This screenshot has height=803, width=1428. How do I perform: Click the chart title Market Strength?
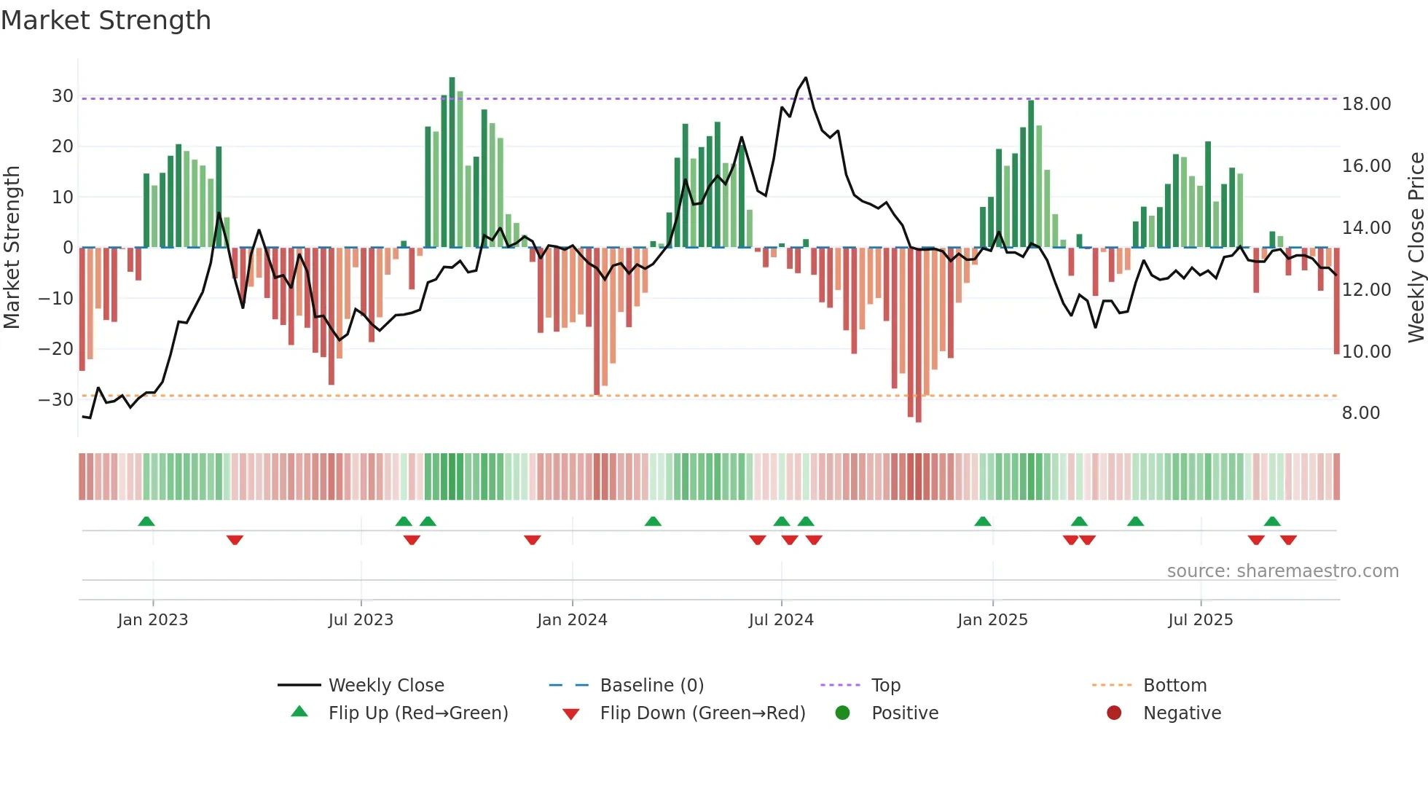tap(106, 20)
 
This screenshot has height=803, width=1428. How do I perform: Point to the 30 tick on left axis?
tap(63, 96)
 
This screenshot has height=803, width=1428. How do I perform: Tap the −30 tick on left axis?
tap(56, 399)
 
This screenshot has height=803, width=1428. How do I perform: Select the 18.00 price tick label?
tap(1366, 104)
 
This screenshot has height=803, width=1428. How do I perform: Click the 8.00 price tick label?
tap(1361, 413)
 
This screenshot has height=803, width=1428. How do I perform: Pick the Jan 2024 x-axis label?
tap(572, 620)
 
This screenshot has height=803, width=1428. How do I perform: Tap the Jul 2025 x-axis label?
tap(1200, 620)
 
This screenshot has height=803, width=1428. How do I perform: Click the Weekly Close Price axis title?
tap(1416, 247)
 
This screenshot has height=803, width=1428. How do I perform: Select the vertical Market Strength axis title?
tap(12, 247)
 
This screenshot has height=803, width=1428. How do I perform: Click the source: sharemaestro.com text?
tap(1282, 571)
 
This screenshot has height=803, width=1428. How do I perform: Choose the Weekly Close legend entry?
tap(385, 686)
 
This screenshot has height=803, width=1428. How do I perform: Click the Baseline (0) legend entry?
tap(651, 686)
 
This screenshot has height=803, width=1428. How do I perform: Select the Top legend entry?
tap(885, 686)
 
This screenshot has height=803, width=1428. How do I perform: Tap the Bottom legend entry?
tap(1174, 686)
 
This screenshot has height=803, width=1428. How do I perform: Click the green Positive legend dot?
tap(842, 713)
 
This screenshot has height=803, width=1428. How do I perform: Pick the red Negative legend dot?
tap(1113, 713)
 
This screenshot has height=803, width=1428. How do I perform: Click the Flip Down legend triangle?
tap(571, 713)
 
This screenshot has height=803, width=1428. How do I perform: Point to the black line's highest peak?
tap(805, 78)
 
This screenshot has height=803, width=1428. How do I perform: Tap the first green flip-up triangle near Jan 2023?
tap(146, 521)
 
